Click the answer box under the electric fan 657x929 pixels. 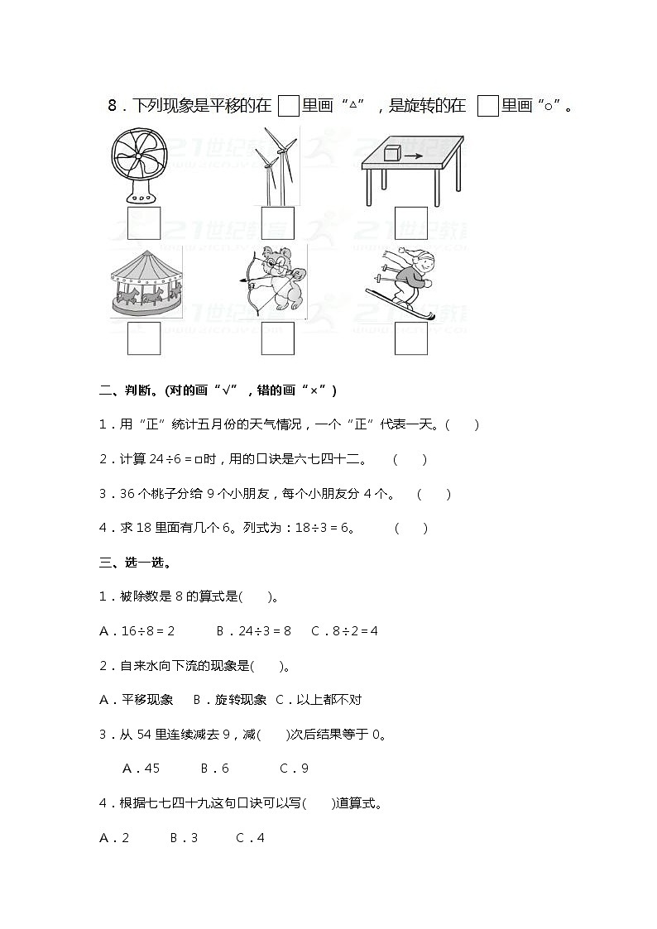(x=144, y=223)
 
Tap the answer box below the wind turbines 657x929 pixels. (x=278, y=223)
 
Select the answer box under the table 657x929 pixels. (x=411, y=223)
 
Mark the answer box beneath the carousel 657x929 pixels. (x=144, y=338)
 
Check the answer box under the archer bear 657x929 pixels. (x=278, y=338)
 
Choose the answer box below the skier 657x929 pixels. (x=411, y=338)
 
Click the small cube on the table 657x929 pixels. (x=392, y=153)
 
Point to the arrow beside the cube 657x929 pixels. (x=414, y=155)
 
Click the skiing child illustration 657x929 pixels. (x=405, y=281)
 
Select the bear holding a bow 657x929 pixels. (x=276, y=278)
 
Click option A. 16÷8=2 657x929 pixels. (x=137, y=631)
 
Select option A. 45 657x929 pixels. (x=141, y=769)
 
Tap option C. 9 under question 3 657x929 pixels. (x=294, y=769)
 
